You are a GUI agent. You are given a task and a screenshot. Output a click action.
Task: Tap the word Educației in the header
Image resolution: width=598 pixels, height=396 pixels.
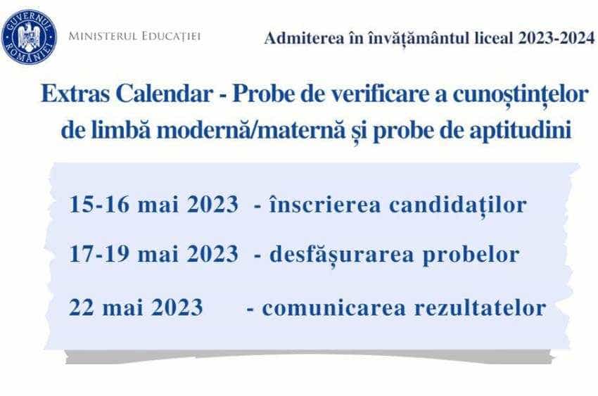coord(169,34)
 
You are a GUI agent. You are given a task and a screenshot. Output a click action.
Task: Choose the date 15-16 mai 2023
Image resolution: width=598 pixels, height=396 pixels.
coord(153,205)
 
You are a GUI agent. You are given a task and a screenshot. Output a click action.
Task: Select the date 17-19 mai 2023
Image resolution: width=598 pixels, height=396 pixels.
coord(153,254)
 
